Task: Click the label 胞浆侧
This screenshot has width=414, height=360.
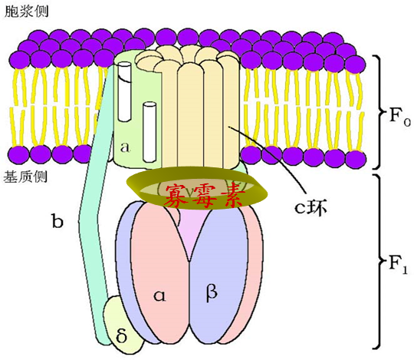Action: coord(27,12)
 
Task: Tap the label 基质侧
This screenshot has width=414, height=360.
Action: coord(25,177)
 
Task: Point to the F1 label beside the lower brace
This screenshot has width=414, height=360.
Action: coord(399,264)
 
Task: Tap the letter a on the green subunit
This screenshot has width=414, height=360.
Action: coord(125,147)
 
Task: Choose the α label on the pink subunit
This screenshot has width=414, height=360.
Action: coord(159,296)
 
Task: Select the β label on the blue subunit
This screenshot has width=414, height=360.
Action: coord(212,292)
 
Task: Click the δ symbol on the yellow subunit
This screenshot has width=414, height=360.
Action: coord(121,335)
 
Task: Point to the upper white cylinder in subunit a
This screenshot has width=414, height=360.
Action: coord(124,91)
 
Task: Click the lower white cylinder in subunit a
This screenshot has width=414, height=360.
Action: coord(149,132)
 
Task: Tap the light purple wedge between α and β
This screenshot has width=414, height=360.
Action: coord(190,233)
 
